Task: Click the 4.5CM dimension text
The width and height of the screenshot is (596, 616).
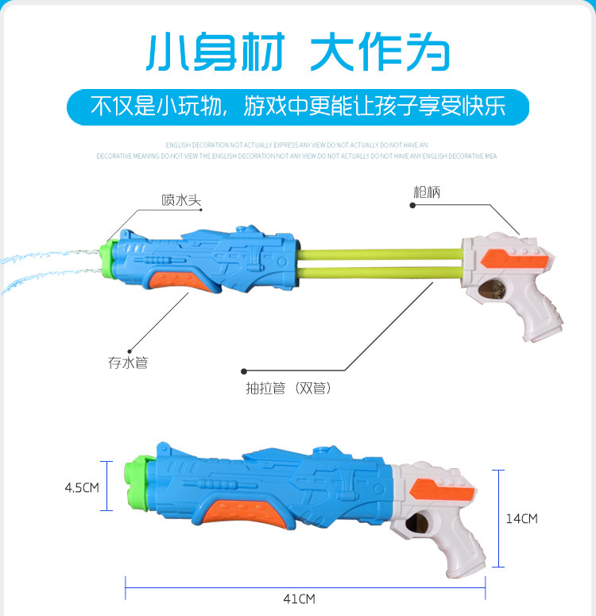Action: click(82, 487)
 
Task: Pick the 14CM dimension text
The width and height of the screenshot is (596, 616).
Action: click(522, 518)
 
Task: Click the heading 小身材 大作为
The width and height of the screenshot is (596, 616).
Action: click(298, 52)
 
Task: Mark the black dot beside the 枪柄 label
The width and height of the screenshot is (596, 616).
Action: click(412, 205)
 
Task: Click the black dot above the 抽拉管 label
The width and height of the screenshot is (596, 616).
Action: click(244, 370)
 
